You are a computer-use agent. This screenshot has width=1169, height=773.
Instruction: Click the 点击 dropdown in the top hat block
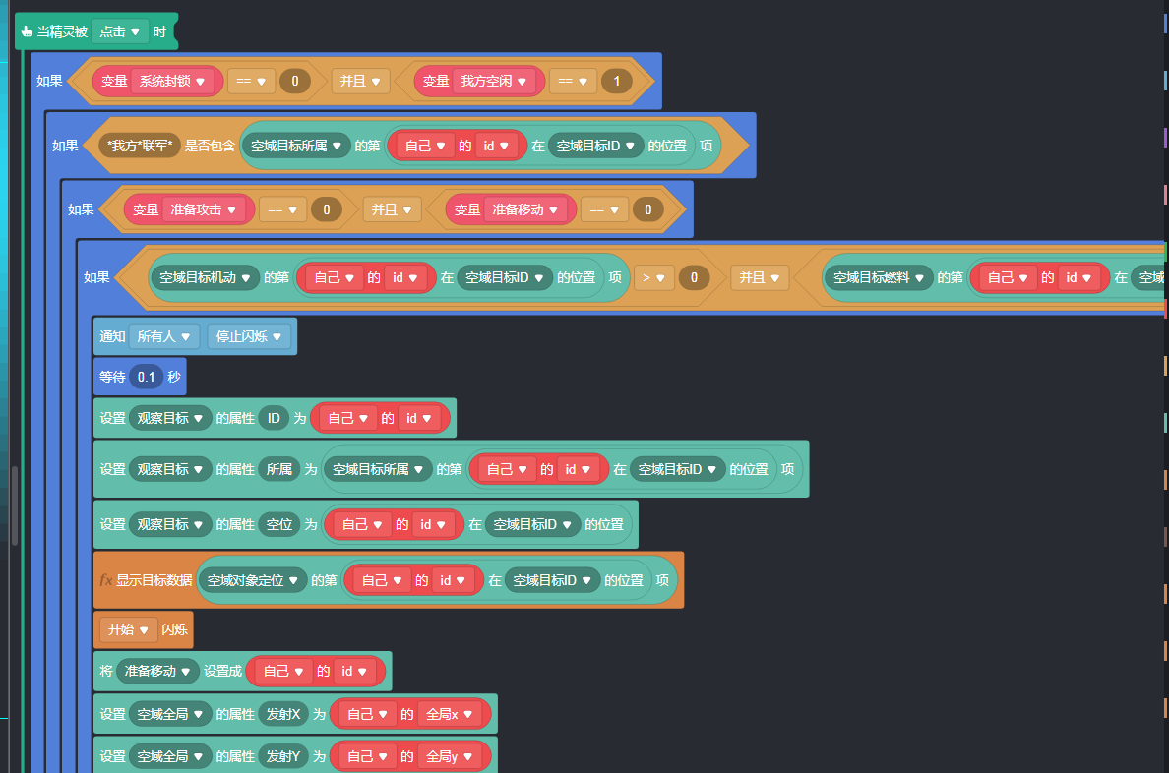[x=120, y=31]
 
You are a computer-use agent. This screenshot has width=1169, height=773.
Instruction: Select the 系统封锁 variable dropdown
[x=172, y=81]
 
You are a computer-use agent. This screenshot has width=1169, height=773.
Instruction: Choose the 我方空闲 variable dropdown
[x=497, y=81]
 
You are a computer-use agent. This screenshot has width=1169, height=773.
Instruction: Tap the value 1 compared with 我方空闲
[x=617, y=81]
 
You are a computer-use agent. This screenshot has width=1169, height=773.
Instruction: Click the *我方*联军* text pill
[x=140, y=146]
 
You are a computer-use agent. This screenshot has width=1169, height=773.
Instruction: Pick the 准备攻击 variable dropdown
[x=203, y=208]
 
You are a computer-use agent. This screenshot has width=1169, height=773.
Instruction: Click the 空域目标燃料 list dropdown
[x=878, y=277]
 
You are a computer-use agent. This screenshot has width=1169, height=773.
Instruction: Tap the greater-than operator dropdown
[x=651, y=277]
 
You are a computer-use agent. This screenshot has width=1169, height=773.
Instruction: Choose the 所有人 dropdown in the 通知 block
[x=163, y=336]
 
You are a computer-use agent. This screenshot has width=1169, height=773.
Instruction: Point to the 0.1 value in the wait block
[x=146, y=377]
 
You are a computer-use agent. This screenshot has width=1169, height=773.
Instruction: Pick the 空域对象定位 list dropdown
[x=252, y=580]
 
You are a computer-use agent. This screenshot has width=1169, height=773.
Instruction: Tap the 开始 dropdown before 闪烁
[x=128, y=629]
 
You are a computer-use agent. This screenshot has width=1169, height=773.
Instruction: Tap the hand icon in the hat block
[x=28, y=31]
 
